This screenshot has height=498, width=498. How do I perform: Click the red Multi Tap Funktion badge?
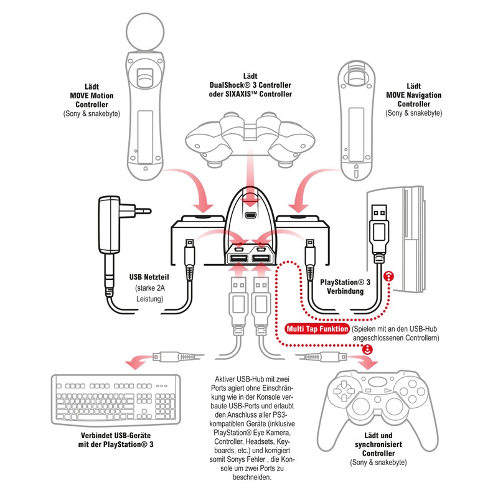316,329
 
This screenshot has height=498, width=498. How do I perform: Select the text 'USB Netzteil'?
148,276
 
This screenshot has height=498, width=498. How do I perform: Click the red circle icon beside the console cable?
388,276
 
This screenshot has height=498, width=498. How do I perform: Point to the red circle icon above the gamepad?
367,350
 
